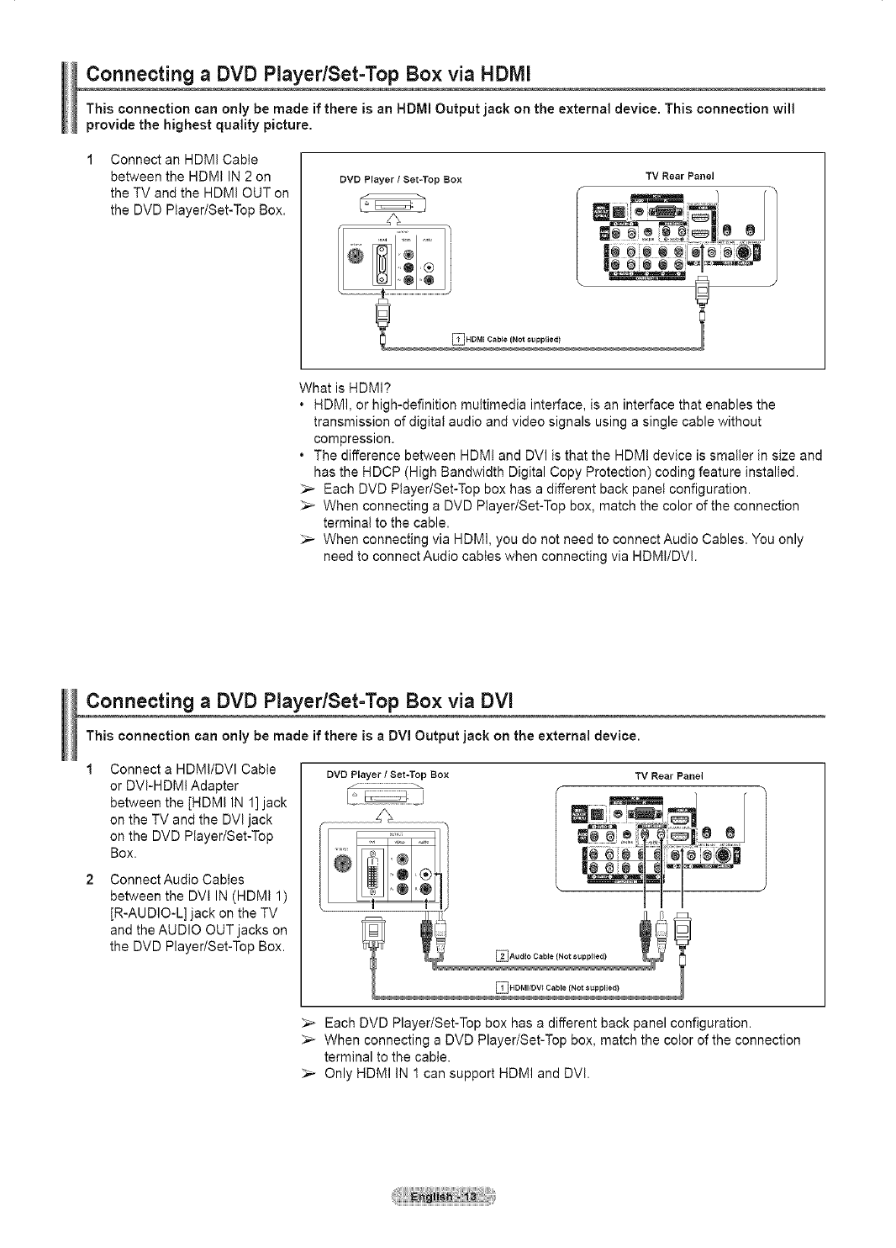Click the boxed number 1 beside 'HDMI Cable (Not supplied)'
(x=459, y=339)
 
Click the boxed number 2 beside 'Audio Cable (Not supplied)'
(x=503, y=955)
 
